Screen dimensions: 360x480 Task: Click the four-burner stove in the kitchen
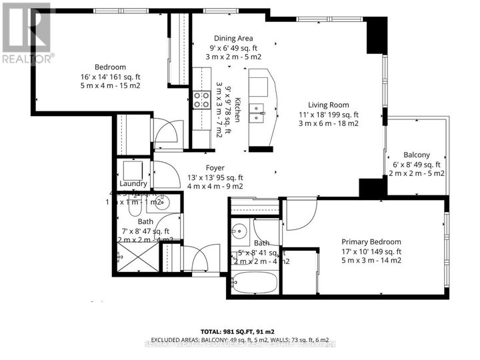(202, 100)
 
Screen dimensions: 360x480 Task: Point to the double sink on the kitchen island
(261, 113)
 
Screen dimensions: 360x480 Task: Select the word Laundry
(133, 183)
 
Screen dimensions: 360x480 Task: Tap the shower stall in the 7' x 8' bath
(139, 256)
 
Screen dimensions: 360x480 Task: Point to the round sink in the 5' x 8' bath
(241, 232)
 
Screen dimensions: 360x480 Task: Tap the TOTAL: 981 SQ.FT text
(240, 331)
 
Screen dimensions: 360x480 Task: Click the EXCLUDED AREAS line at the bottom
(240, 342)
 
